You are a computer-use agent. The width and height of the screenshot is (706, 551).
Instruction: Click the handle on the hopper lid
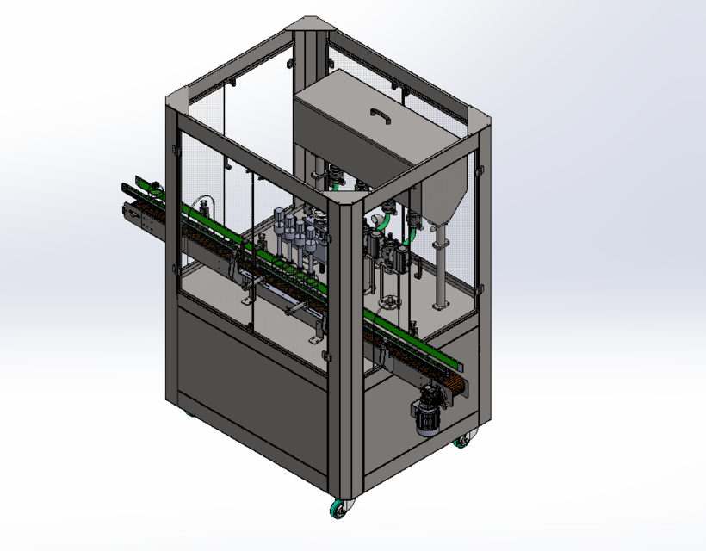[380, 114]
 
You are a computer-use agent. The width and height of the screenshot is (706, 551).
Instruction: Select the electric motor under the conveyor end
[428, 417]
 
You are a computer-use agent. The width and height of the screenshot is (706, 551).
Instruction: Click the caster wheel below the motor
[462, 442]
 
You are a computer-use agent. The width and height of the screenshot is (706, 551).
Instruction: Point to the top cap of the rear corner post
[311, 23]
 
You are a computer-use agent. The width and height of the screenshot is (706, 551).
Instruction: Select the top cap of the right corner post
[480, 122]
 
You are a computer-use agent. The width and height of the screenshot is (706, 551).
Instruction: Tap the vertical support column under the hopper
[440, 267]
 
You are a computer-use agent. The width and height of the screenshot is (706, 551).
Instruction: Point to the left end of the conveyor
[136, 198]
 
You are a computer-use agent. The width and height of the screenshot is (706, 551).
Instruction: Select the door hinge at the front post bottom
[326, 356]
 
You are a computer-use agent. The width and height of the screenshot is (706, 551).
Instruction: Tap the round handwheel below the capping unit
[392, 303]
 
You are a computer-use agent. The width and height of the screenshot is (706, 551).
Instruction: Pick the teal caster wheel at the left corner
[189, 413]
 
